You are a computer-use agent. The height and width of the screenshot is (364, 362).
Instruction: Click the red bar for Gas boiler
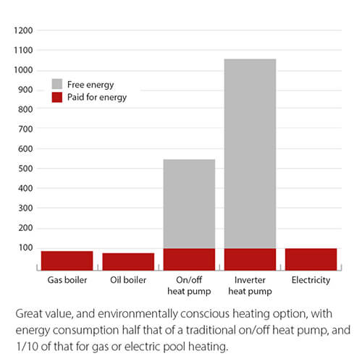coord(66,259)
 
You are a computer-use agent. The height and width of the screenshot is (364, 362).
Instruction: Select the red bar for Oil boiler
coord(127,260)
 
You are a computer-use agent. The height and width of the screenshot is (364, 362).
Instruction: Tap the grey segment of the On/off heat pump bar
coord(189,203)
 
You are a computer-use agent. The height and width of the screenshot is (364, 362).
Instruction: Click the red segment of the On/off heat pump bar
coord(189,258)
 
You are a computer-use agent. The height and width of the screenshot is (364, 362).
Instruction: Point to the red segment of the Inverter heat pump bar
coord(250,258)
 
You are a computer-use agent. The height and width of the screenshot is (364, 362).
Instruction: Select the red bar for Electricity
coord(311,258)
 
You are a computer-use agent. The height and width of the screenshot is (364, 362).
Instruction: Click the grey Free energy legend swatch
coord(57,84)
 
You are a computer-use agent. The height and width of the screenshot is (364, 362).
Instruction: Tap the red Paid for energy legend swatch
coord(57,97)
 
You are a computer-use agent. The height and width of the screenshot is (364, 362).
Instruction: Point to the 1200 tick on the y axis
coord(23,31)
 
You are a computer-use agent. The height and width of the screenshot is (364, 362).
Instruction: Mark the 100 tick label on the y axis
coord(25,247)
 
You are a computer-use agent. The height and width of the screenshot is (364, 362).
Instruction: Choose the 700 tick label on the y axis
coord(25,130)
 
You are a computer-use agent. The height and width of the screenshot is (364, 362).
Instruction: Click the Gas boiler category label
coord(66,279)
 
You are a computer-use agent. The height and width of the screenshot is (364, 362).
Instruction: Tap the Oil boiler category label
coord(127,279)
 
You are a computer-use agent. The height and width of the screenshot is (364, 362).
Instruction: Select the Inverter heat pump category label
coord(250,284)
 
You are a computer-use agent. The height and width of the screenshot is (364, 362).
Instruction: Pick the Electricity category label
coord(311,279)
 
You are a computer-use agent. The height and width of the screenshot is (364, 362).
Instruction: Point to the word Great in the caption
coord(29,315)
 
